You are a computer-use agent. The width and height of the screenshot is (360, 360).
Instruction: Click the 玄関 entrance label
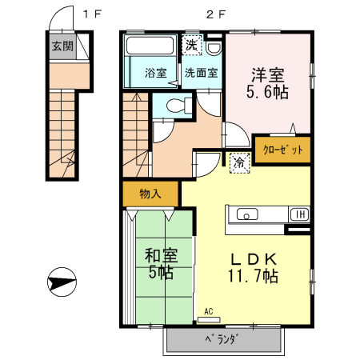point(62,46)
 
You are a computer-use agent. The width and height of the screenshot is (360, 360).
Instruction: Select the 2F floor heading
point(213,14)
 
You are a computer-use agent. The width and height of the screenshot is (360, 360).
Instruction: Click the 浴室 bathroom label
point(155,73)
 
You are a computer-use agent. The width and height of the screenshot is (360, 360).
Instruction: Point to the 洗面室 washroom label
point(200,73)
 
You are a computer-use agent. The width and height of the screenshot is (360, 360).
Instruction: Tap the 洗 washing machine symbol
point(191,45)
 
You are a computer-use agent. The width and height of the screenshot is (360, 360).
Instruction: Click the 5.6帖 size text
point(267,92)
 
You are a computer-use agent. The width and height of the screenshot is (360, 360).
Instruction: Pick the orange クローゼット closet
point(282,150)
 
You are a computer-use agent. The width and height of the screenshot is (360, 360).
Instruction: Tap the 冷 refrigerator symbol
point(238,163)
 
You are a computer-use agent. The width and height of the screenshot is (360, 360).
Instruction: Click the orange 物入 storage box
point(150,193)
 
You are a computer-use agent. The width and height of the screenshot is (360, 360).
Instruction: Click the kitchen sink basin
point(247,214)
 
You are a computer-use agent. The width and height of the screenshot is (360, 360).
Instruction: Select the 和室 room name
point(160,256)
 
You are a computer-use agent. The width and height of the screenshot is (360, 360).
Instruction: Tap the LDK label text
point(254,259)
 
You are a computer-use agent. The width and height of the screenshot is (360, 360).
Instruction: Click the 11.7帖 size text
point(254,277)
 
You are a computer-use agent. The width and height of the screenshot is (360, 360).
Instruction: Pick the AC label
point(208,311)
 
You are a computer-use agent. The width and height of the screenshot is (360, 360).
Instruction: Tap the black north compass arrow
point(62,282)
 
